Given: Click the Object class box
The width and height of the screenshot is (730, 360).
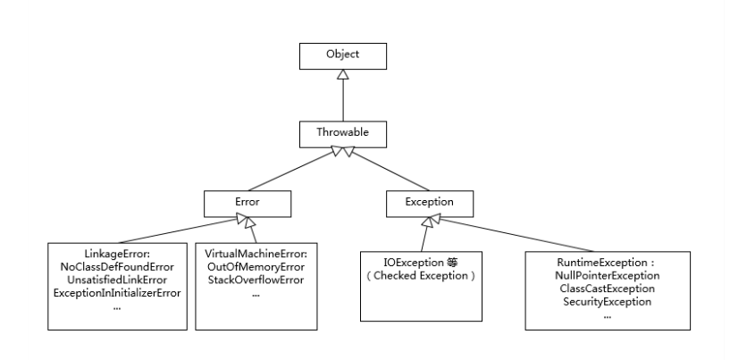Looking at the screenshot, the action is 342,56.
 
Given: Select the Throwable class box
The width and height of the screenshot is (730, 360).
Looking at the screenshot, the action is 342,135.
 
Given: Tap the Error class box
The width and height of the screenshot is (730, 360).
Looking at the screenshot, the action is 248,204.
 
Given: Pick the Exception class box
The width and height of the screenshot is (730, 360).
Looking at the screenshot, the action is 430,204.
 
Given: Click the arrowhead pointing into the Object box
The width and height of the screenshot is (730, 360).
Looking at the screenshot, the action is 343,74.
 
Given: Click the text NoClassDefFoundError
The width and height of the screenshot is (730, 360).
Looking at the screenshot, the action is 117,267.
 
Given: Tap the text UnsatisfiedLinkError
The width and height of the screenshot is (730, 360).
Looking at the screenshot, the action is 117,280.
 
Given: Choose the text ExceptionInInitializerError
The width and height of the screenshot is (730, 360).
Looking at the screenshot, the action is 117,293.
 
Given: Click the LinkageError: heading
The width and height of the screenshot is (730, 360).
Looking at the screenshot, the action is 117,254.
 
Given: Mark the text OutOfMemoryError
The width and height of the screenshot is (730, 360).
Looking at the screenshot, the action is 256,267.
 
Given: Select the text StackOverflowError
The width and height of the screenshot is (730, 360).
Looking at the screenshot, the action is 256,280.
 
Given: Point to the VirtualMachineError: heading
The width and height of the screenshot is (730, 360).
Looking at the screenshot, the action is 256,254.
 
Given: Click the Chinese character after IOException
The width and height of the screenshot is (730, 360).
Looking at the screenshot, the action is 452,263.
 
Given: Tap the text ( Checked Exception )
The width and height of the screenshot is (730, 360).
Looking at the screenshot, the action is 421,275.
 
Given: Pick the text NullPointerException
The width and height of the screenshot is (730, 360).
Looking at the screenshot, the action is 607,276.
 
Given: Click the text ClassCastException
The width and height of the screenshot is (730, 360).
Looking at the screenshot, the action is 607,289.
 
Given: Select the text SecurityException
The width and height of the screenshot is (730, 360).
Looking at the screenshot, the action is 607,302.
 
